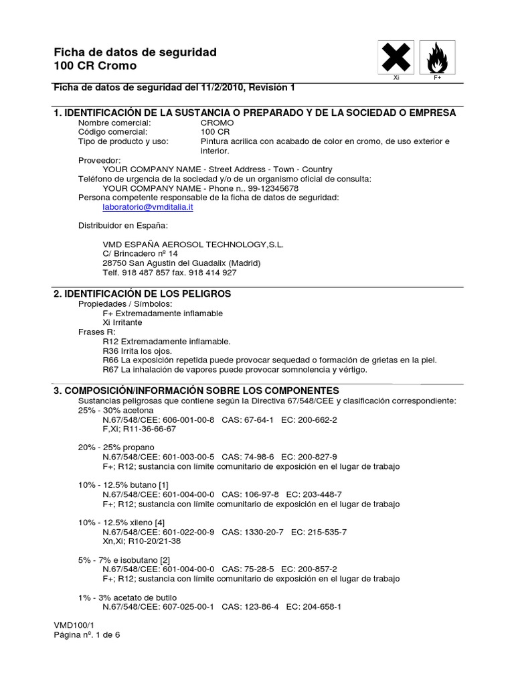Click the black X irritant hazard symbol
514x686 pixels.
[396, 58]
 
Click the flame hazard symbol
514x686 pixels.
[438, 58]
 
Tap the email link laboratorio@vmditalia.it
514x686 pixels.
[148, 208]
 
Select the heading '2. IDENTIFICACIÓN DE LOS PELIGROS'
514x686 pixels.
[143, 294]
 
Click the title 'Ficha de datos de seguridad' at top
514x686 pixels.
[135, 52]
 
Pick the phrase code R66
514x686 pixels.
[111, 360]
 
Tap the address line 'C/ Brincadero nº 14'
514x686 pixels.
[141, 254]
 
